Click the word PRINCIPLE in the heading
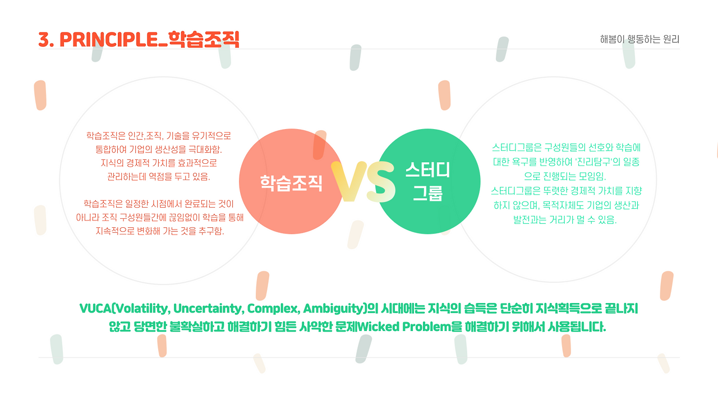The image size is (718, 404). click(112, 40)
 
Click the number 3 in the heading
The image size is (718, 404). click(44, 40)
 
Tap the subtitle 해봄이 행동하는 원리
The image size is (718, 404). click(639, 39)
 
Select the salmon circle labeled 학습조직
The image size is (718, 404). click(291, 181)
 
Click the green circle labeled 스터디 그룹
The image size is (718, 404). click(427, 181)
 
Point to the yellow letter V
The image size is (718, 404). click(349, 181)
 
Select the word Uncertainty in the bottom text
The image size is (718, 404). click(209, 309)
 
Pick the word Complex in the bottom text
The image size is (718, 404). click(274, 309)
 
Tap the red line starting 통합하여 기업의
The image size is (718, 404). click(159, 149)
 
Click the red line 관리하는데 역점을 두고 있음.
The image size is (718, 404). click(159, 177)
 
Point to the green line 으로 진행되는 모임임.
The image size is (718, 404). click(565, 176)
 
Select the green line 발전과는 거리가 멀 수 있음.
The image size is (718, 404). click(565, 220)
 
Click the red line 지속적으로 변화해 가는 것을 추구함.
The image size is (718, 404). click(160, 231)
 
